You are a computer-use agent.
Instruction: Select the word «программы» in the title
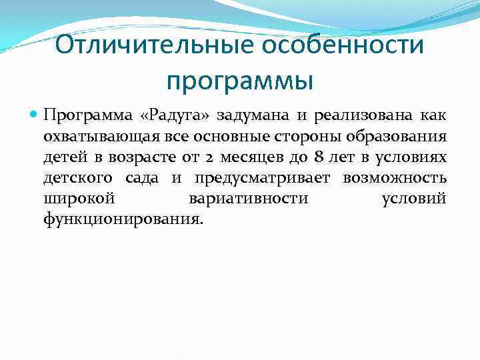pyautogui.click(x=240, y=81)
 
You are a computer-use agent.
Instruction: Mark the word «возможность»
pyautogui.click(x=395, y=179)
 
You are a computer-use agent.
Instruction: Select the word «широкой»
pyautogui.click(x=80, y=199)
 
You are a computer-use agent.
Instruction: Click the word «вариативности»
pyautogui.click(x=249, y=199)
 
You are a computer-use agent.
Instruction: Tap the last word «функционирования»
pyautogui.click(x=121, y=219)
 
